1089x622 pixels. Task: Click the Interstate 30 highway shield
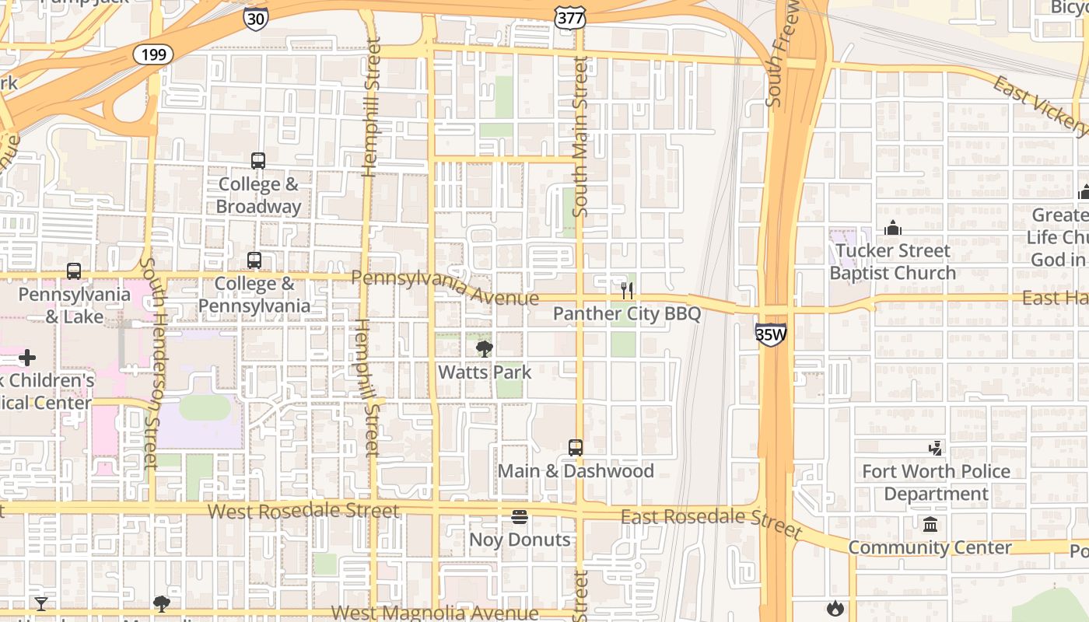click(255, 18)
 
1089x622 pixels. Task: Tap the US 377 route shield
click(566, 18)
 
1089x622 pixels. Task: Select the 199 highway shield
click(152, 54)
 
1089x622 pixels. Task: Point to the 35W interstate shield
click(770, 334)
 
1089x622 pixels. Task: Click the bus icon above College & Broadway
click(258, 161)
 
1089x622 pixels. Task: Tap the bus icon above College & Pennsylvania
click(254, 260)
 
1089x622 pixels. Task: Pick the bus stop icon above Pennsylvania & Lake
click(74, 271)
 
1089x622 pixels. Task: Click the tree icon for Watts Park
click(485, 348)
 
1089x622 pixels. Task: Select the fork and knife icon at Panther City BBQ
click(627, 290)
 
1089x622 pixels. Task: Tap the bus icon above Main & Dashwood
click(576, 448)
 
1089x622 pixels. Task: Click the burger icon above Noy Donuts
click(520, 517)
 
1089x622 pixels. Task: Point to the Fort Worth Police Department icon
click(936, 448)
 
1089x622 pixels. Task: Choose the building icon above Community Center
click(930, 524)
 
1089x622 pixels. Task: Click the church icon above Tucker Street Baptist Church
click(893, 228)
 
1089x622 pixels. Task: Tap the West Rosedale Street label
click(303, 511)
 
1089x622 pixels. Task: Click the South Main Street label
click(580, 136)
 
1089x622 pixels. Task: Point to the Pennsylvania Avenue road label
click(444, 286)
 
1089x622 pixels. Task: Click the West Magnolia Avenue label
click(434, 613)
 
